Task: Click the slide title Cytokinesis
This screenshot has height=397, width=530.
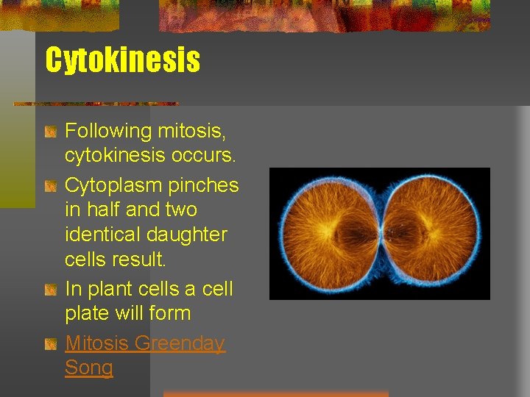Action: coord(122,60)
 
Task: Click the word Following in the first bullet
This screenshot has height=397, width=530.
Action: coord(107,132)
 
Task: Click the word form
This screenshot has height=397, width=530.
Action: coord(170,313)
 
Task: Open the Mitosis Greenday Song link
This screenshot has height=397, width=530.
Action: coord(145,343)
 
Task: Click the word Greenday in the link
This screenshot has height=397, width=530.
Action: coord(181,343)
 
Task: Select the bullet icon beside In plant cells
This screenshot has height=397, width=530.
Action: coord(50,290)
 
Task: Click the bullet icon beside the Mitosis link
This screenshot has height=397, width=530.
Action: coord(50,344)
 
